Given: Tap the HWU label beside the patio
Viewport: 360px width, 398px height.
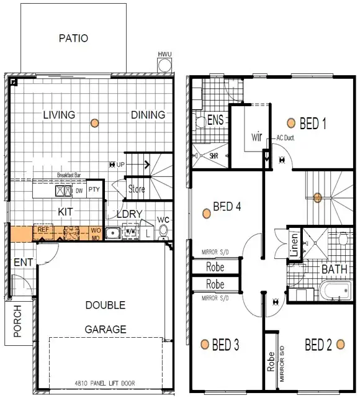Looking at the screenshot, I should [164, 55].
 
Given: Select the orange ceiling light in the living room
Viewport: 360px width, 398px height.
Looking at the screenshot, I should [94, 123].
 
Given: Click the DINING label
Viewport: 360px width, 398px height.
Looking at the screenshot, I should [148, 115].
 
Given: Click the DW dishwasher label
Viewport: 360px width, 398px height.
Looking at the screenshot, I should [79, 191].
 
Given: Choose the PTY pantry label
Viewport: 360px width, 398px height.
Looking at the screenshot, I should [94, 189].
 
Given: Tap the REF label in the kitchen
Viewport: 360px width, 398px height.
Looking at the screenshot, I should [43, 230].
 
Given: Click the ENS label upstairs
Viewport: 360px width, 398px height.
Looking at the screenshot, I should [215, 119].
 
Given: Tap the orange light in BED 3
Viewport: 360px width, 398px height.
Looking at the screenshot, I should [204, 344].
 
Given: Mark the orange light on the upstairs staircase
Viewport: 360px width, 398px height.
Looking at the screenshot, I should [317, 198].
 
